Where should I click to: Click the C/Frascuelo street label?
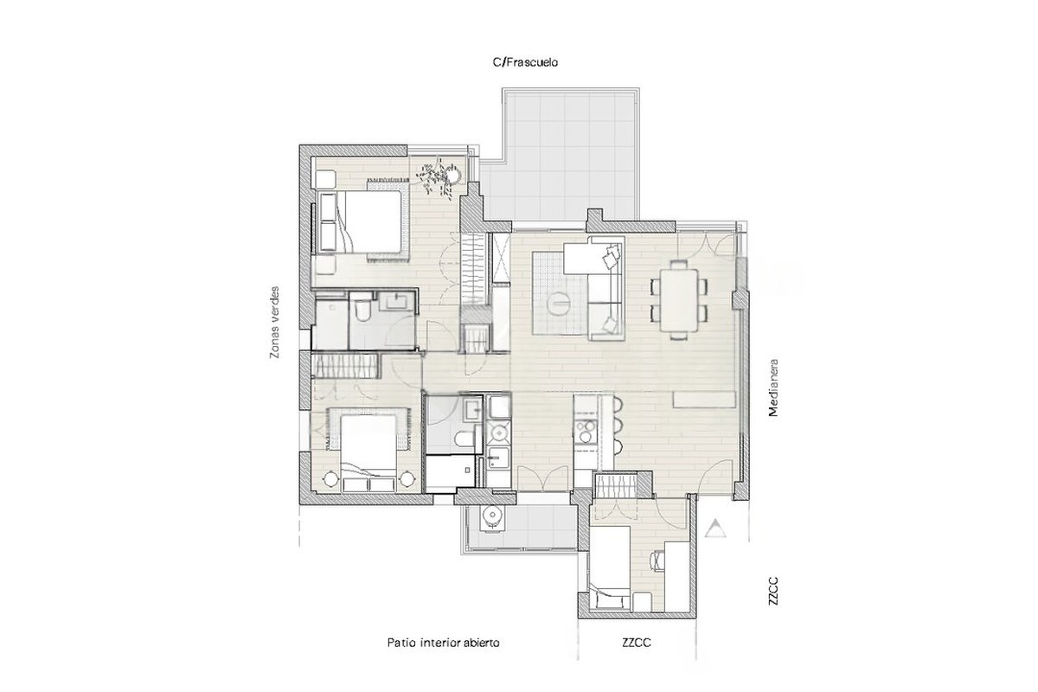[x=525, y=62]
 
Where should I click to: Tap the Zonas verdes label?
[x=275, y=322]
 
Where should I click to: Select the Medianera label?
[x=773, y=388]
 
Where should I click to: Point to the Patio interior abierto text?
[x=444, y=643]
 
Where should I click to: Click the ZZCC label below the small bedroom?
[x=637, y=643]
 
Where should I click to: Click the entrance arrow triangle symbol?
[x=715, y=529]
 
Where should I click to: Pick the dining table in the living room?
[x=679, y=300]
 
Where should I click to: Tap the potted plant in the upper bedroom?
[x=439, y=178]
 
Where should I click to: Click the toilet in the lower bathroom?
[x=465, y=439]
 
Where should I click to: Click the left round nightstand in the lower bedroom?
[x=330, y=479]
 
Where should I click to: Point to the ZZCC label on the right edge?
[x=773, y=591]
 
